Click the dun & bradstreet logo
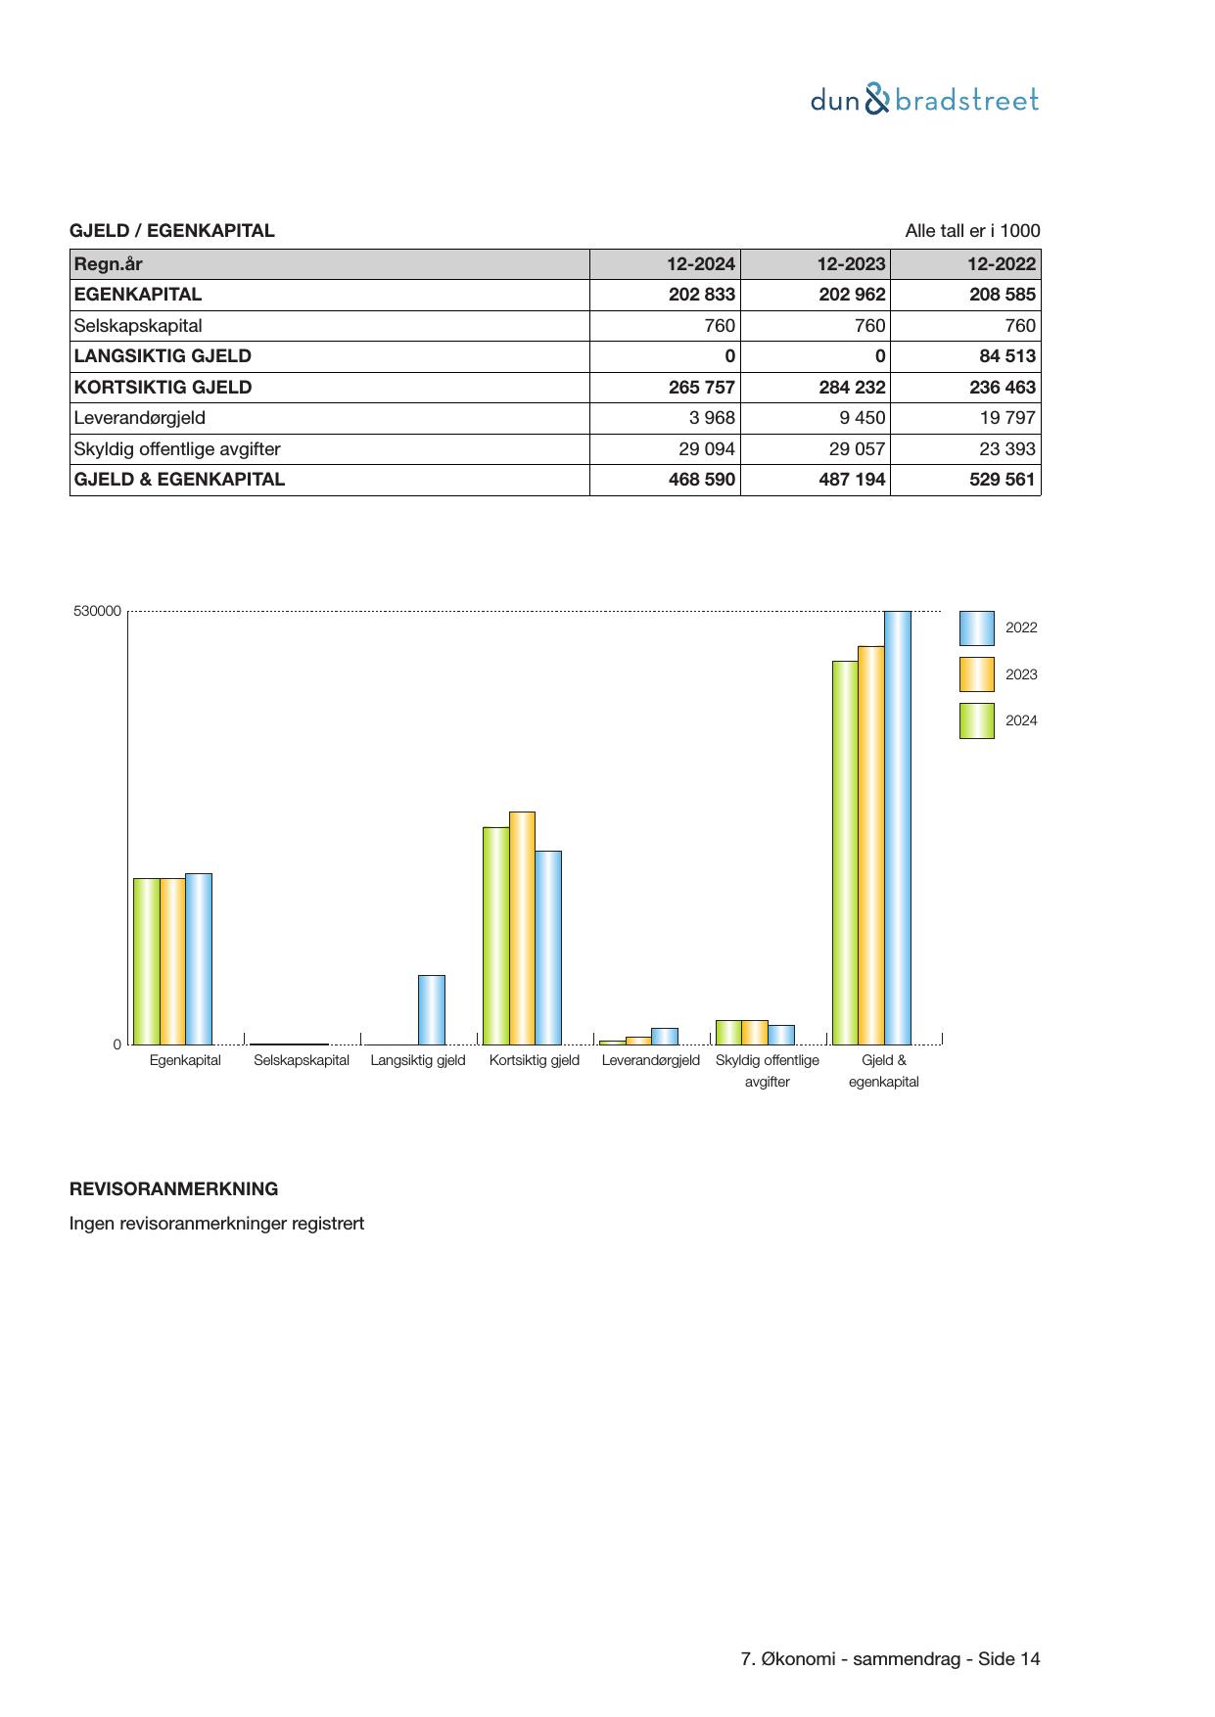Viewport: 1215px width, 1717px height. point(924,100)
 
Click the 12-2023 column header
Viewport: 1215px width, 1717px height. point(851,264)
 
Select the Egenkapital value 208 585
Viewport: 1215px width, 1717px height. point(1002,295)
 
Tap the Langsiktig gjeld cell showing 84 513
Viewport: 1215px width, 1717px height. point(1006,356)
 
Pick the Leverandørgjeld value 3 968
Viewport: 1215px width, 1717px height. point(711,418)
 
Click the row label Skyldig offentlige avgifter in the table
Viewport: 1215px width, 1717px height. point(177,449)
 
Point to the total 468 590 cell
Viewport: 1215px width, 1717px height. point(701,480)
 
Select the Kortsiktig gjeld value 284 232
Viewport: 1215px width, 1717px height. point(852,388)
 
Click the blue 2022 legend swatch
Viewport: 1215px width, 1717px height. point(976,628)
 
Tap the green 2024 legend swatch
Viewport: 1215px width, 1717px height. point(976,720)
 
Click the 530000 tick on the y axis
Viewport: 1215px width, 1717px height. point(97,612)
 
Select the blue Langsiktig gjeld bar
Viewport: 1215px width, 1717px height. point(431,1010)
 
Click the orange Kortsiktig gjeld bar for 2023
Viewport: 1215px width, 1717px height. point(522,928)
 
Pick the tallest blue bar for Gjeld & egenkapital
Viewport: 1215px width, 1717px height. point(897,828)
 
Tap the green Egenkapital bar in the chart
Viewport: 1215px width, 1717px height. point(146,961)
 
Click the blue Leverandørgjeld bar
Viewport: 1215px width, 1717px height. point(664,1037)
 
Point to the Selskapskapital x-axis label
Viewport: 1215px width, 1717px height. point(302,1060)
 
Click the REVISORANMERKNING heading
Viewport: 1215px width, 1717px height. point(173,1189)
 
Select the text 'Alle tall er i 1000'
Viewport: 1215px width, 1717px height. point(972,231)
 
